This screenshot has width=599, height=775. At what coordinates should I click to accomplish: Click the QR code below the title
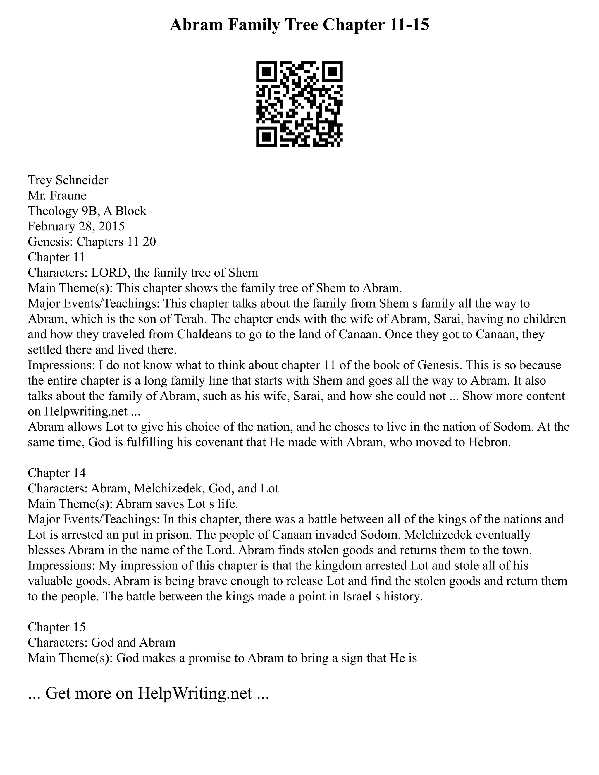(299, 104)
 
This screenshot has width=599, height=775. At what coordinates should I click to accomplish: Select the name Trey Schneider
(68, 180)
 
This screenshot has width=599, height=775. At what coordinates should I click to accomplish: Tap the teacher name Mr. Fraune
(57, 196)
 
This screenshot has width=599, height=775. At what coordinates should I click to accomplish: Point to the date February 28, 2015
(76, 226)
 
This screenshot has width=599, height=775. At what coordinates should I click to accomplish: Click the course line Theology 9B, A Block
(87, 211)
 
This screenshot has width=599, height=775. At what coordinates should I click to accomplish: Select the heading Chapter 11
(56, 257)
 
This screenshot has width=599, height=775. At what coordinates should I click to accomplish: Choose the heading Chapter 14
(57, 473)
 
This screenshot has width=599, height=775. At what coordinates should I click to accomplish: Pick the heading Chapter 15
(57, 627)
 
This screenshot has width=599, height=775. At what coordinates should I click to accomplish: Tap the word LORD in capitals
(109, 273)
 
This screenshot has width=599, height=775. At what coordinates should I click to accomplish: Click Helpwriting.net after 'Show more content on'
(85, 411)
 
